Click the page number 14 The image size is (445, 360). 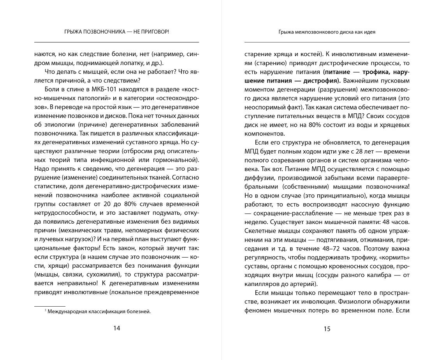point(116,328)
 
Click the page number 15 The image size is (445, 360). point(327,329)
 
